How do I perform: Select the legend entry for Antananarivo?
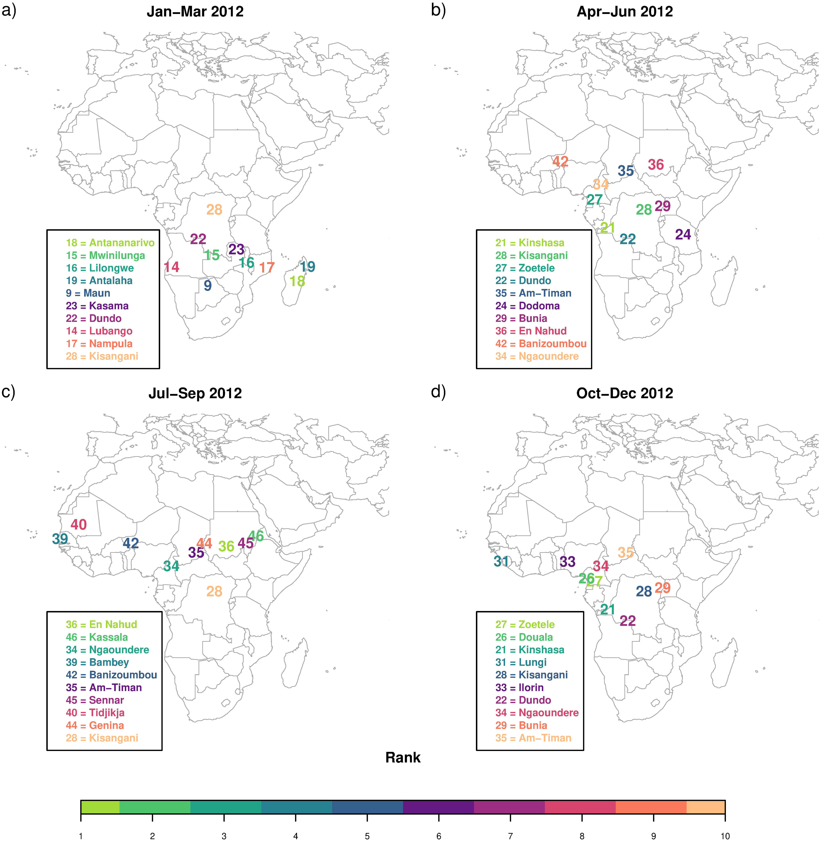pos(110,243)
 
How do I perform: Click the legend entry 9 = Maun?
pos(88,293)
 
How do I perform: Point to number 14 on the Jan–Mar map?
pos(172,267)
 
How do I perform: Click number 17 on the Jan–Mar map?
pos(267,268)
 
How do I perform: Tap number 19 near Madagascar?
pos(307,267)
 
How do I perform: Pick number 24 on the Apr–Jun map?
pos(683,235)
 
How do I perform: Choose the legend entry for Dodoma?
pos(527,306)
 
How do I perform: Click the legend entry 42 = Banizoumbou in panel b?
pos(541,344)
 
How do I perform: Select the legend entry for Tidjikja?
pos(95,713)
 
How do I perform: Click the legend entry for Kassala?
pos(96,637)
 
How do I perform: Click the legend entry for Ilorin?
pos(519,688)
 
